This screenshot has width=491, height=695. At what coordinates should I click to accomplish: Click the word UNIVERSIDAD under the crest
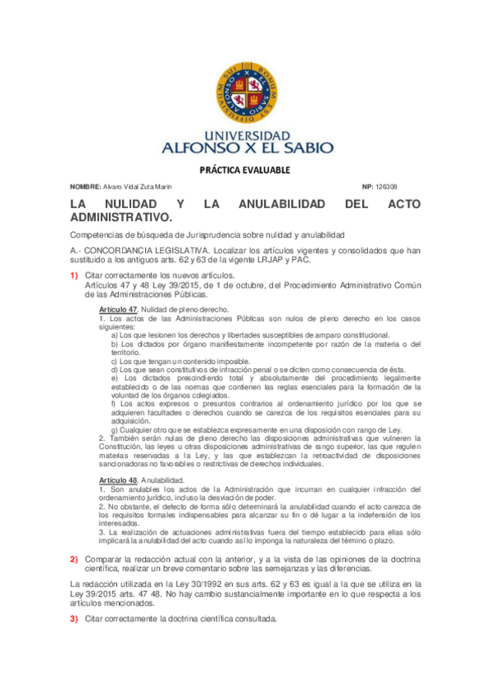coord(245,135)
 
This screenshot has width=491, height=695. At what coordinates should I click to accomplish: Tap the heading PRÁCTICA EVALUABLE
coord(245,170)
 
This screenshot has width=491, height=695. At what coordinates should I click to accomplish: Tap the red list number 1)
coord(74,275)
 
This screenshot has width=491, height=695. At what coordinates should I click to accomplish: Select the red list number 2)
coord(74,558)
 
